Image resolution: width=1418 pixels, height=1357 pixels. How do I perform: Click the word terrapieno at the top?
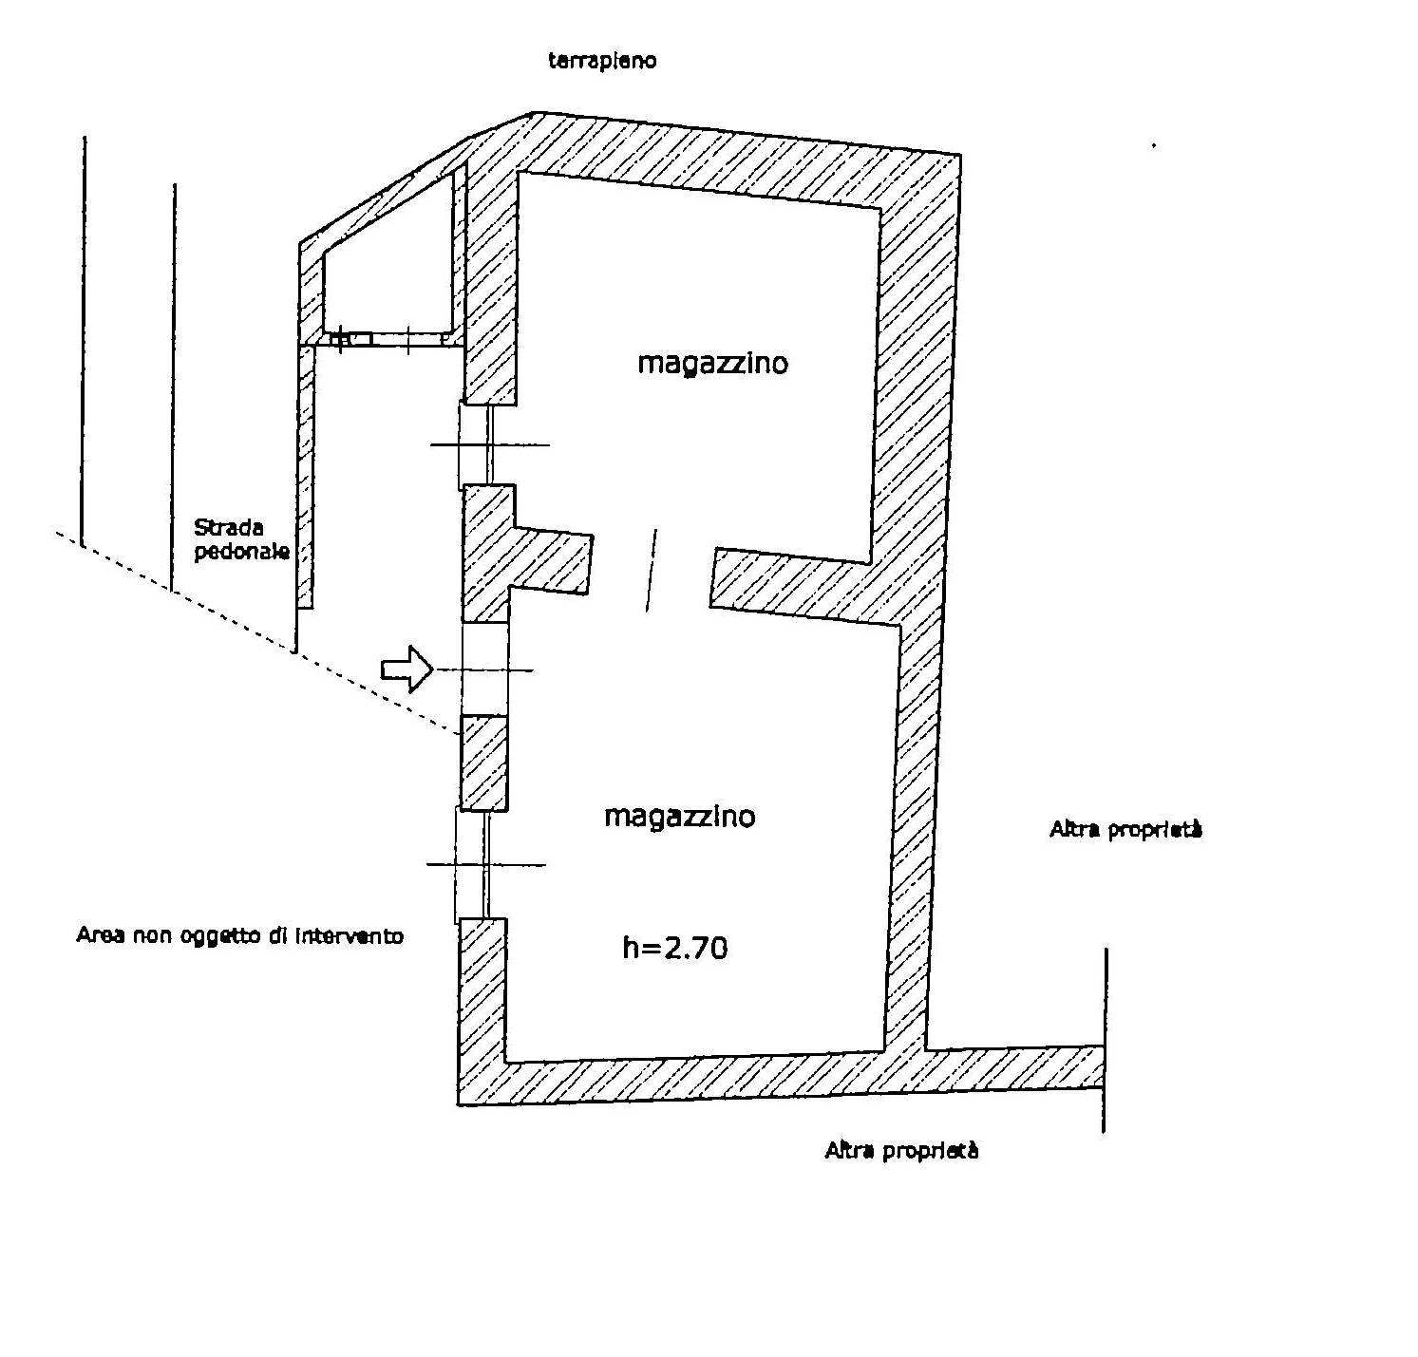602,61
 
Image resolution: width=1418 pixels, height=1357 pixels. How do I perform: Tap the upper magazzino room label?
712,363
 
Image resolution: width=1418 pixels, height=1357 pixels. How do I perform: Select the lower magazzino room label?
680,816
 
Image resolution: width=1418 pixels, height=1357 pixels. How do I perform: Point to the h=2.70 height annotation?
675,947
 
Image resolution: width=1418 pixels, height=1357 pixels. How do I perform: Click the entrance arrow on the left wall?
406,669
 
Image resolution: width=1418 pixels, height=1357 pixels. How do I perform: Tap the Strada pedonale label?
241,539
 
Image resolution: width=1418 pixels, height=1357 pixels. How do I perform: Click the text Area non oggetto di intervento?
239,935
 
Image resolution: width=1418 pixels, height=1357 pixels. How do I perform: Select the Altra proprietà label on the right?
1125,829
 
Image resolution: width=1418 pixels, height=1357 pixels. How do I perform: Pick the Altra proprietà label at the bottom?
901,1150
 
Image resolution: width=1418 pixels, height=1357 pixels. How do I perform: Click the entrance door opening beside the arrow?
484,669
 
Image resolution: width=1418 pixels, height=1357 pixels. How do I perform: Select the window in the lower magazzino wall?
472,864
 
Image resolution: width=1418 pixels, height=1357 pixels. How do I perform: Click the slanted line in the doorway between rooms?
651,570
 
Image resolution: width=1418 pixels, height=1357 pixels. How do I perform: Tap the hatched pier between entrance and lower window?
483,762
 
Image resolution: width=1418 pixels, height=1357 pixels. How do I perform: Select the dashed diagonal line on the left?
256,631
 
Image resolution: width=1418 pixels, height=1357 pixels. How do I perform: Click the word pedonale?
241,551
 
